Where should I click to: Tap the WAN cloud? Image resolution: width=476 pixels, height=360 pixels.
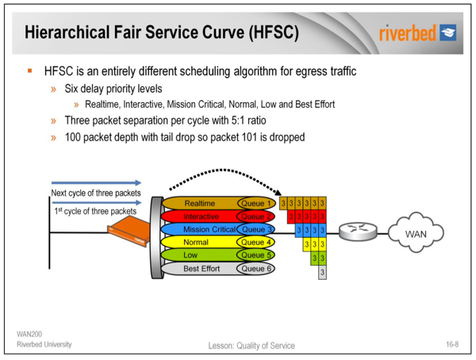pyautogui.click(x=416, y=234)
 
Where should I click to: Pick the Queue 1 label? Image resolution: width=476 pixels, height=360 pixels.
pyautogui.click(x=256, y=203)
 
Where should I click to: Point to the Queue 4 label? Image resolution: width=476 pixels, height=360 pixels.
pyautogui.click(x=256, y=242)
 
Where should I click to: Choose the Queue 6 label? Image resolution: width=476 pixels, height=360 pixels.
pyautogui.click(x=256, y=269)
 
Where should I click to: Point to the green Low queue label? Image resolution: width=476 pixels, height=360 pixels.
pyautogui.click(x=193, y=255)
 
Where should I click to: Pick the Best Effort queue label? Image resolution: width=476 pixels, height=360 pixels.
pyautogui.click(x=201, y=269)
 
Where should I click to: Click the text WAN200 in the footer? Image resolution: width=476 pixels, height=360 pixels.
pyautogui.click(x=29, y=333)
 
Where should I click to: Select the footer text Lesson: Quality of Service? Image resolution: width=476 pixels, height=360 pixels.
pyautogui.click(x=251, y=345)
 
